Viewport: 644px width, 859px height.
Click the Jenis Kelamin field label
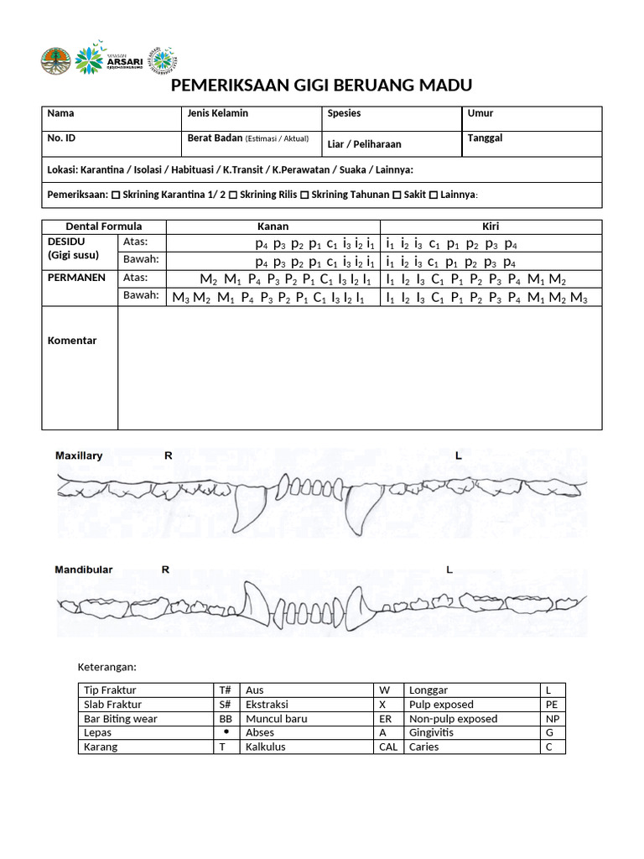coord(217,113)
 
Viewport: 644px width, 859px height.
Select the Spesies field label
coord(344,113)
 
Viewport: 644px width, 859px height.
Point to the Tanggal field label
coord(485,138)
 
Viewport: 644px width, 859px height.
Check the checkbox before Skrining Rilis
coord(233,195)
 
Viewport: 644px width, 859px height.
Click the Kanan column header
coord(273,226)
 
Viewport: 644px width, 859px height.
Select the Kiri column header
coord(491,226)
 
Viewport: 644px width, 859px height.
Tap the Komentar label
coord(72,341)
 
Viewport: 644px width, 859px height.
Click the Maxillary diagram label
coord(79,456)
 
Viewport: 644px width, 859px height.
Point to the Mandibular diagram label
coord(84,570)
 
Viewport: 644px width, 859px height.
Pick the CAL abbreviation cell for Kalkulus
coord(388,747)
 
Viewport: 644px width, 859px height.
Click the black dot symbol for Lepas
coord(226,732)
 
